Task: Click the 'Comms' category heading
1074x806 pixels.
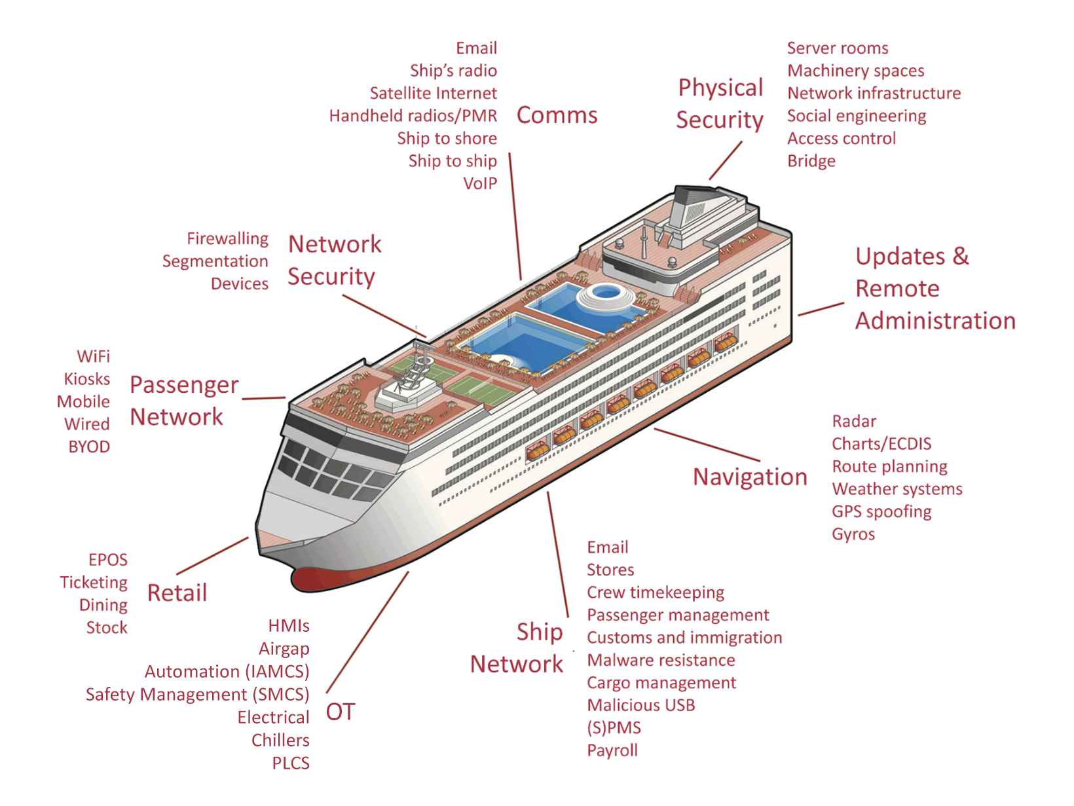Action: [x=557, y=115]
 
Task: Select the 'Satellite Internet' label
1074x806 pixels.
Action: [x=433, y=93]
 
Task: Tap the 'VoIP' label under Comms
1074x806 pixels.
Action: [x=480, y=183]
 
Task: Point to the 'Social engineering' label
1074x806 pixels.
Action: [x=857, y=117]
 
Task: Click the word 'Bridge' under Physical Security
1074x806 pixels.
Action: [x=811, y=161]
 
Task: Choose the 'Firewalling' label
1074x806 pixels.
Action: [x=227, y=239]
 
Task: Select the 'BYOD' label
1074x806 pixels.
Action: [x=89, y=447]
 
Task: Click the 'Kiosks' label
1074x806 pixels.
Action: [x=86, y=379]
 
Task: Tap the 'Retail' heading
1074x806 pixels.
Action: [x=177, y=593]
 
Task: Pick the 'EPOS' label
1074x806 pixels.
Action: [x=107, y=560]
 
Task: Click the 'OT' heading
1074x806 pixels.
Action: [x=341, y=712]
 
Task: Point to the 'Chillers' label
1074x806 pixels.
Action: [x=280, y=740]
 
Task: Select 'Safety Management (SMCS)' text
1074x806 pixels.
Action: [x=198, y=695]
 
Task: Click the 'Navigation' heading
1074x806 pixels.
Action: [x=750, y=477]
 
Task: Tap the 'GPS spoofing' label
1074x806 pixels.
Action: [x=881, y=512]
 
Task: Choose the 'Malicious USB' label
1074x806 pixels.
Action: [x=641, y=705]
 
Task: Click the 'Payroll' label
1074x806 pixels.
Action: [x=612, y=751]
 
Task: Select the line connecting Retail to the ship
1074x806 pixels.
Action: [x=212, y=556]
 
